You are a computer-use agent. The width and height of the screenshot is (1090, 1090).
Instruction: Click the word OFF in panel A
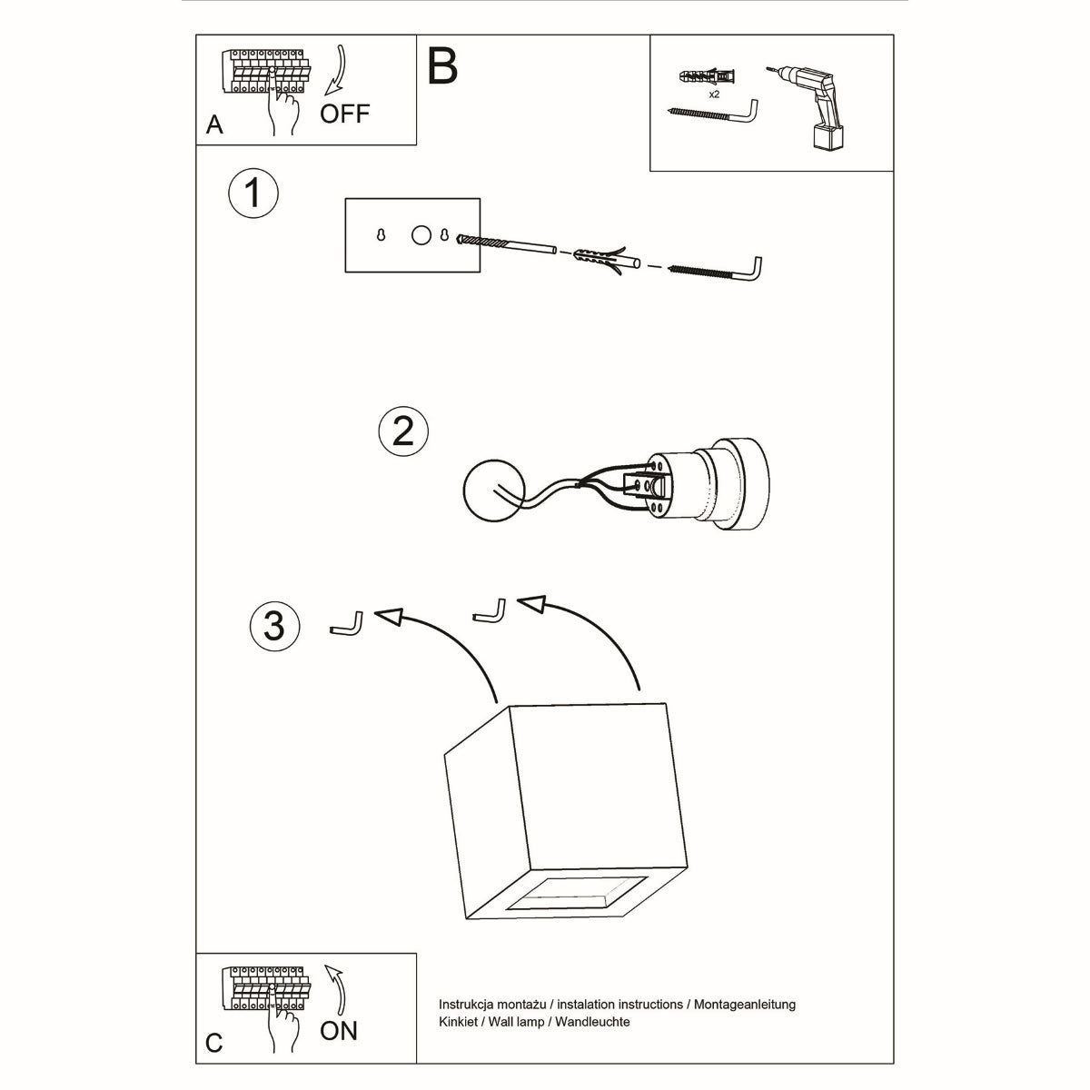[344, 114]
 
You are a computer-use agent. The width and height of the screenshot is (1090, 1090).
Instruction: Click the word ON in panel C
[338, 1030]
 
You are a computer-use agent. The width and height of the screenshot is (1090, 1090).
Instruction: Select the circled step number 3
[273, 626]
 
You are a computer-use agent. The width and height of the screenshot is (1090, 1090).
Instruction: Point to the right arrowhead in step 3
[530, 605]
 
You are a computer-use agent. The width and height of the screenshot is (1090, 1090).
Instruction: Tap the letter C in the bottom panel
[213, 1043]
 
